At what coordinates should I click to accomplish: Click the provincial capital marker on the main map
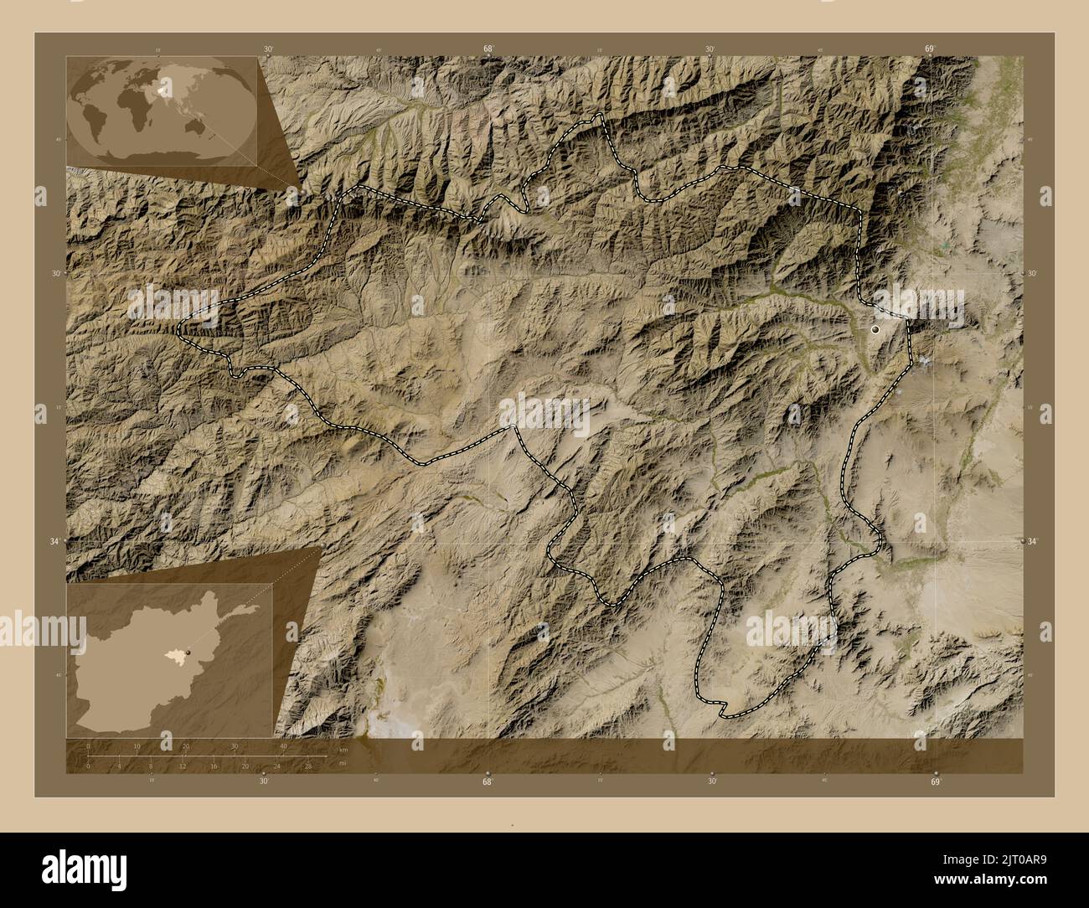[876, 330]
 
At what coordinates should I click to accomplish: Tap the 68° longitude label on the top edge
[488, 49]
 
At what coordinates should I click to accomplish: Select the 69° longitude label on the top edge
[929, 49]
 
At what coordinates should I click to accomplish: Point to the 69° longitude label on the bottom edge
[936, 781]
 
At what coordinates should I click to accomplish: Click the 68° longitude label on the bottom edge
[488, 781]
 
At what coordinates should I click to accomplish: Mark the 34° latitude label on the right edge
[1032, 542]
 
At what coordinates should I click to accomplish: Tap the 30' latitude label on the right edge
[1032, 273]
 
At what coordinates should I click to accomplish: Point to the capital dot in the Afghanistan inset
[188, 652]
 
